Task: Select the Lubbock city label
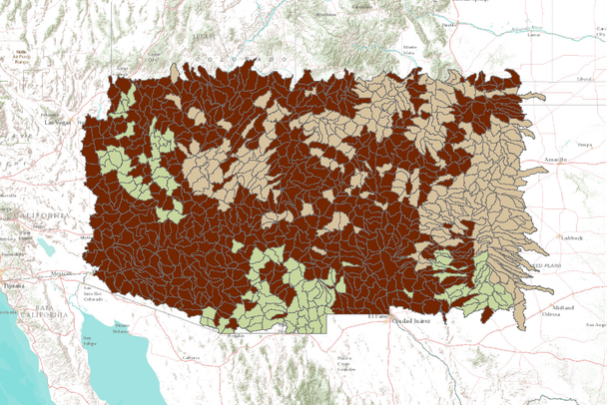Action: coord(571,238)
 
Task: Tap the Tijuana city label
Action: coord(13,283)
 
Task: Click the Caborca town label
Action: coord(191,356)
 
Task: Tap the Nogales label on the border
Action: coord(236,336)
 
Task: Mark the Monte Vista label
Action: coord(408,47)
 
